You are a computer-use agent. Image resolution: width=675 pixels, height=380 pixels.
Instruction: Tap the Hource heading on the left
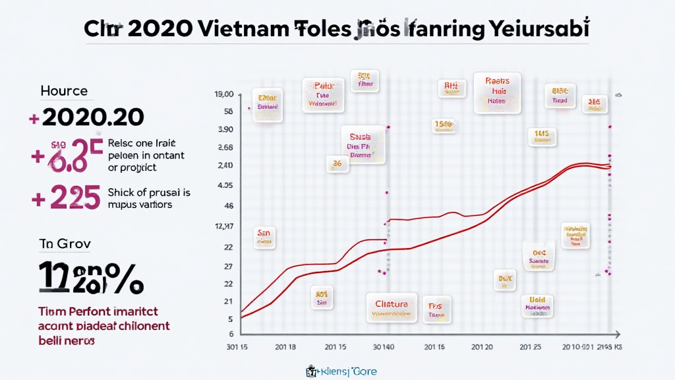(64, 91)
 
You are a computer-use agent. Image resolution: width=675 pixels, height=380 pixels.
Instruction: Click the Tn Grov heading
(65, 243)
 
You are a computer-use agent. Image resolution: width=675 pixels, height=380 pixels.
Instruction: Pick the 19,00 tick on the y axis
(224, 96)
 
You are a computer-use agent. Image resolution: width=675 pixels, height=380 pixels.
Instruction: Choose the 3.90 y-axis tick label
(225, 129)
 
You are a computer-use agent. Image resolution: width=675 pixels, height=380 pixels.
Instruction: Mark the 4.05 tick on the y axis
(225, 185)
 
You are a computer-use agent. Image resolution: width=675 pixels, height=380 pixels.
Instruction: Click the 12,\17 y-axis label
(224, 227)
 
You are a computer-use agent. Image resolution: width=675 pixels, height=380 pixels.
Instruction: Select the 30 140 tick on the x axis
(384, 346)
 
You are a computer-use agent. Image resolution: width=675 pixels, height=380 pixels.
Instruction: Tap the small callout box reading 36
(336, 163)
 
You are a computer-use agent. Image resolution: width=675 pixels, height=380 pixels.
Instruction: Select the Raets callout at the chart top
(496, 92)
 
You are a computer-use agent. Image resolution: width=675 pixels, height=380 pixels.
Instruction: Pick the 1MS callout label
(542, 137)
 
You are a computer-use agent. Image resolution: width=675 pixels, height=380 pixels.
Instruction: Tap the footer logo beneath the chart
(341, 371)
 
